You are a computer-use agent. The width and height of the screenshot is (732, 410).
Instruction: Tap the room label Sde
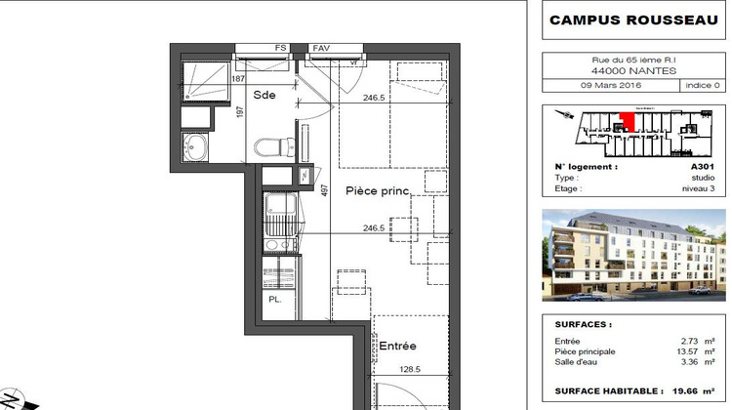pos(264,96)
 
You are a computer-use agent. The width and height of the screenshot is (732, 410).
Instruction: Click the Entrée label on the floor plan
pos(397,347)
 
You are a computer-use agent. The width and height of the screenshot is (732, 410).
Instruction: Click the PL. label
pos(275,300)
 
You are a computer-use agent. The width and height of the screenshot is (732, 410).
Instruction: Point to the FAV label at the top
pos(320,47)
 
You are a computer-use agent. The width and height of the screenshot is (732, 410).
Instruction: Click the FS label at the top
pos(280,47)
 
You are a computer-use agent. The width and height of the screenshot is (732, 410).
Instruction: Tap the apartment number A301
pos(704,167)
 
